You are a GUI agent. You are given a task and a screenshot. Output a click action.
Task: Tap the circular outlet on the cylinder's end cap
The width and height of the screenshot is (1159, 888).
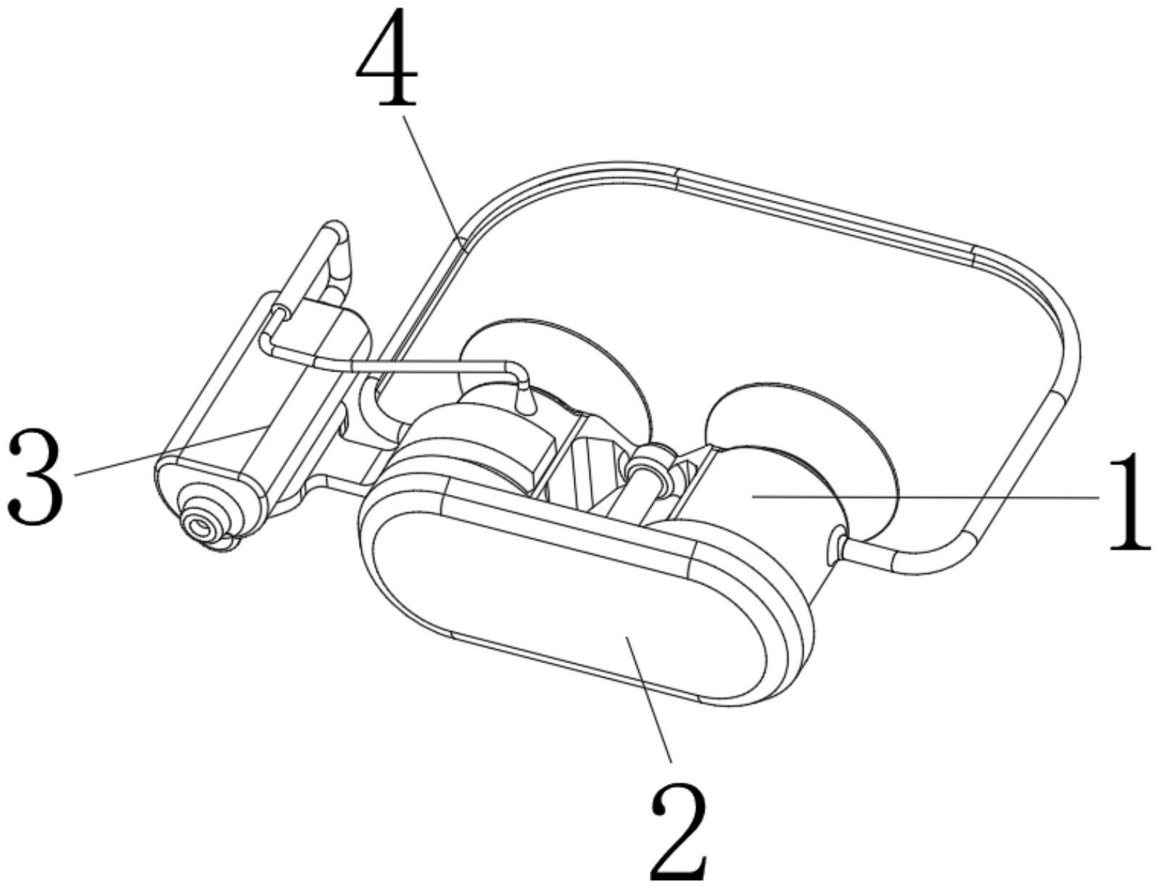(x=197, y=525)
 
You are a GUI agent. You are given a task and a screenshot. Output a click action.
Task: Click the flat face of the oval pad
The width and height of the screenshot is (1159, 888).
(x=573, y=595)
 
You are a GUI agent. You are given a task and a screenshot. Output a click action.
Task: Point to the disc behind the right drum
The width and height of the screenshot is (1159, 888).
(x=805, y=421)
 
